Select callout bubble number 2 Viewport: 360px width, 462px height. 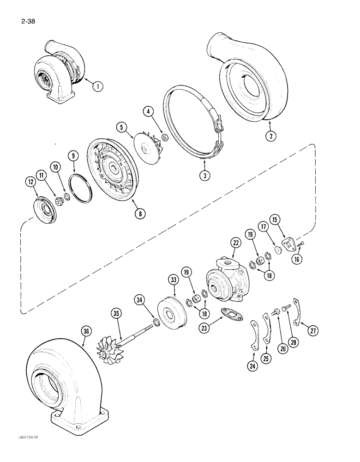tap(270, 136)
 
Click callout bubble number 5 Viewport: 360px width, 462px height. tap(121, 127)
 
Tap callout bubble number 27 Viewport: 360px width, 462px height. tap(314, 330)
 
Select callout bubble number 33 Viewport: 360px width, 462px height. tap(174, 280)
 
